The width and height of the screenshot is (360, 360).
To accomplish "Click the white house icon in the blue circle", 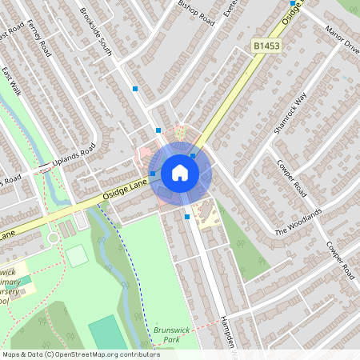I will click(180, 173).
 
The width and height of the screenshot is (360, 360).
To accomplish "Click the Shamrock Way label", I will click(290, 113).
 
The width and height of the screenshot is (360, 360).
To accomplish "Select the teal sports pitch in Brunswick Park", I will click(107, 333).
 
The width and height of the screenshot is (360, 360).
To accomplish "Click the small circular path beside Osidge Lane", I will click(54, 237).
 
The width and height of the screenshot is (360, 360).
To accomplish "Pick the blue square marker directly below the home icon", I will click(187, 216).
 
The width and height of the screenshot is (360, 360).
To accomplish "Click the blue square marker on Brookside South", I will click(135, 89).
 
